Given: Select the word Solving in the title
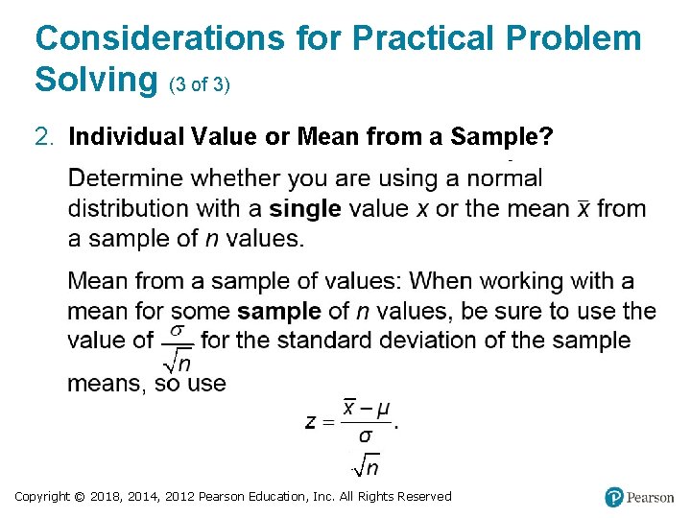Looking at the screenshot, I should pos(96,80).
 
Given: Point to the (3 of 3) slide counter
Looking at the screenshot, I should pos(199,84).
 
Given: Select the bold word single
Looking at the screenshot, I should pos(305,208).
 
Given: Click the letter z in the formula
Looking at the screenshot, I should pos(312,422).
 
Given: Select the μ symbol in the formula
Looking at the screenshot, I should pos(383,410).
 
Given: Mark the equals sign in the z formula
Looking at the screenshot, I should pos(330,423).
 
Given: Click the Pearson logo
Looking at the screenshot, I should pos(639,497).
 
